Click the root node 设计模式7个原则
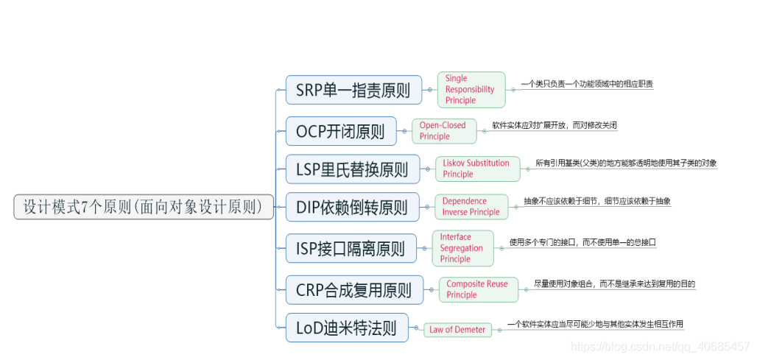(143, 207)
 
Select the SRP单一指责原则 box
(353, 90)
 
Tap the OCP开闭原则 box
(340, 131)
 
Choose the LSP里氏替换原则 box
(352, 169)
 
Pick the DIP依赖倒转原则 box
(352, 207)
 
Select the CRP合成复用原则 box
(353, 289)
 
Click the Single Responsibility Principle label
(471, 89)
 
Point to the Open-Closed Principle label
(443, 130)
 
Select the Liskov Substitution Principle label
(476, 169)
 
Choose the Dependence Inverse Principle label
(471, 206)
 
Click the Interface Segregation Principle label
(462, 248)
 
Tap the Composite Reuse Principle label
(477, 289)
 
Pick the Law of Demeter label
(457, 329)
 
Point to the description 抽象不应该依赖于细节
(596, 200)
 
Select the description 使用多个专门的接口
(582, 241)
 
